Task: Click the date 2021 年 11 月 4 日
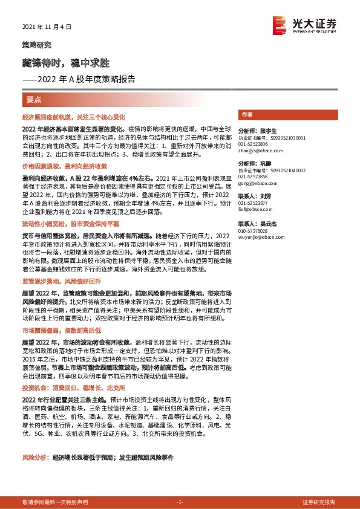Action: tap(47, 27)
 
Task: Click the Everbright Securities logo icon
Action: tap(279, 24)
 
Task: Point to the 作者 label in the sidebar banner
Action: tap(247, 114)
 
